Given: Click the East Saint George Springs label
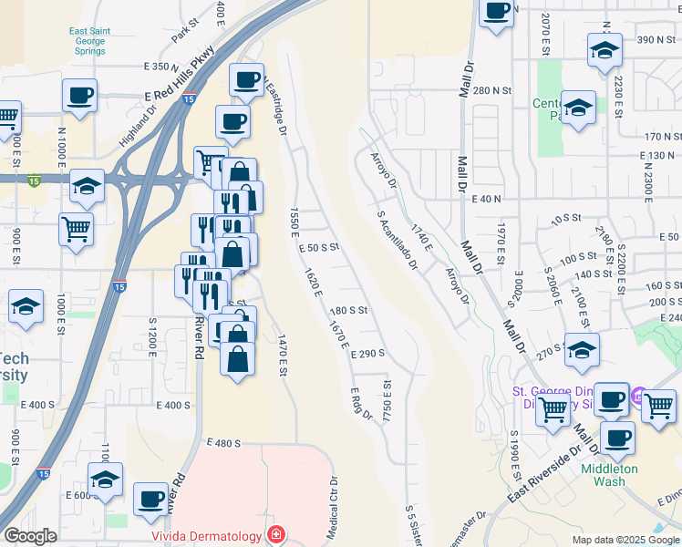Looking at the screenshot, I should pos(90,41).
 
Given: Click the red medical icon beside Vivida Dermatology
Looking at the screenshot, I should pos(274,534).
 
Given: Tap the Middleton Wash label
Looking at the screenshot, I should pos(611,475).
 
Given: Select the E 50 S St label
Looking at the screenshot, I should pos(318,247).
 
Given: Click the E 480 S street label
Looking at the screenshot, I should pos(223,443).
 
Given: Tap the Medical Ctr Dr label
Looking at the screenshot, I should pos(334,506).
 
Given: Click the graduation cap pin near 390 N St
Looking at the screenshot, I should pos(604,51).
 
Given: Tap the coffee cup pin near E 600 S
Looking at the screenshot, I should pos(150,499).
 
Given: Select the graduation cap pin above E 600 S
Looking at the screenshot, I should pos(105,480).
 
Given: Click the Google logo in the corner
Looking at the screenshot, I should pos(30,536).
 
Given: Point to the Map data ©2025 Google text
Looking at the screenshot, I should pos(625,540).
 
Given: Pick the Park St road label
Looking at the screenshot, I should pos(184,32).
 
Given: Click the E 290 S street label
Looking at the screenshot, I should pos(369,353).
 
